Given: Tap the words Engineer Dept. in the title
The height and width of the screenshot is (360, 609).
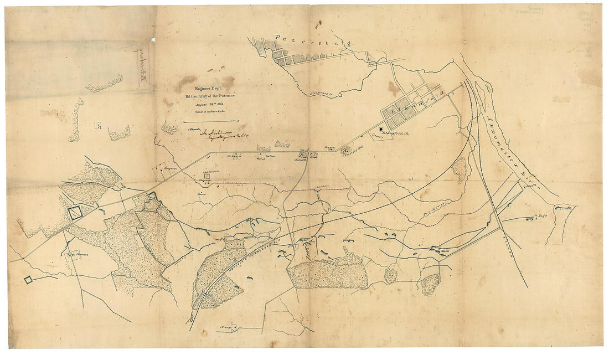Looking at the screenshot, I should (x=203, y=88).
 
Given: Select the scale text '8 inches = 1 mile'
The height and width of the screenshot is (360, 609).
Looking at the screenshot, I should (x=203, y=112).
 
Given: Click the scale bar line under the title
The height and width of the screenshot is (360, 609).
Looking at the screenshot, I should (x=208, y=120).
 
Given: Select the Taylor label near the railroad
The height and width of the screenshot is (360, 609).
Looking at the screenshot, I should (x=302, y=240).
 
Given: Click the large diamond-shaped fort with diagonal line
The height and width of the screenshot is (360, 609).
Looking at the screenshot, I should (x=74, y=211).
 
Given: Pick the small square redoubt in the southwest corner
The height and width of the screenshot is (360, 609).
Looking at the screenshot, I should (x=28, y=280).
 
